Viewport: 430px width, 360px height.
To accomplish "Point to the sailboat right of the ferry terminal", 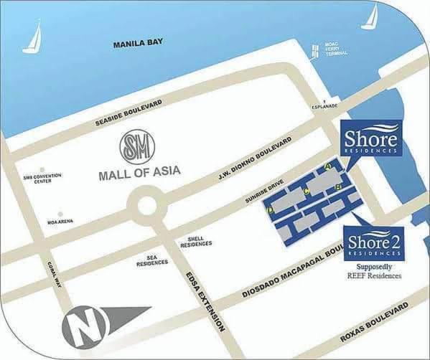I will tap(370, 17).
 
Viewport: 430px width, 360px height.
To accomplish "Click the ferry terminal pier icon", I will tap(314, 50).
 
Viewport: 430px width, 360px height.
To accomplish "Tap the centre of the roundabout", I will tap(147, 206).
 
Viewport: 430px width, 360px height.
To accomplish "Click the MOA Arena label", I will tap(61, 220).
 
